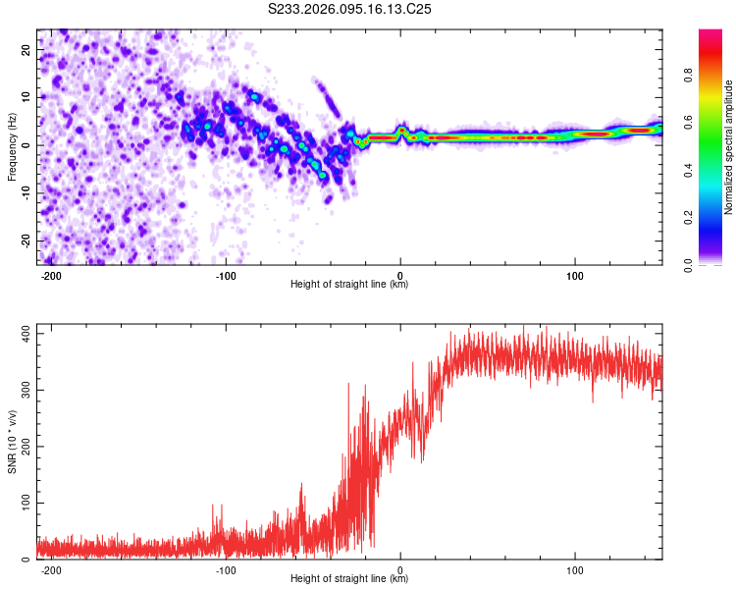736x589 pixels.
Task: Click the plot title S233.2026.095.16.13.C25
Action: click(350, 10)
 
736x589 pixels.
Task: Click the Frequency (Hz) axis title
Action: click(13, 146)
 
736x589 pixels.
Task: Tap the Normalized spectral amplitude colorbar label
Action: click(728, 146)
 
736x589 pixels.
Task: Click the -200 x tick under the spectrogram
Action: click(52, 275)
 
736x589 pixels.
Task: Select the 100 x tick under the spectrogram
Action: click(575, 275)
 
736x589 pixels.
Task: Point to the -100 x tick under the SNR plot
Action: click(226, 569)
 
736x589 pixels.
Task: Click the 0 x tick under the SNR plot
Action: click(400, 569)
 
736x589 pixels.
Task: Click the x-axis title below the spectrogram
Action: click(350, 285)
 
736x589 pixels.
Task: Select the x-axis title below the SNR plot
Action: click(350, 579)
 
